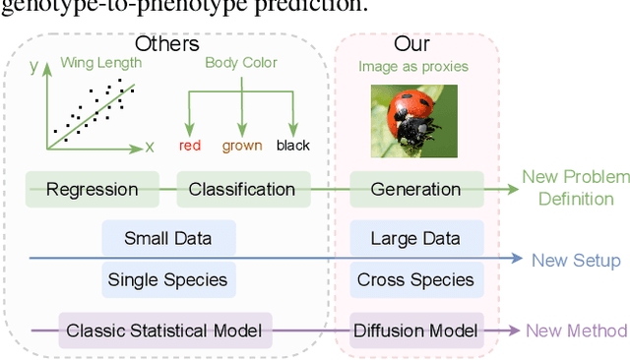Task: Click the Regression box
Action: click(92, 189)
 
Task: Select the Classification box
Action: click(242, 189)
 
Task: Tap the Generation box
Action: click(415, 189)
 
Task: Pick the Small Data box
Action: click(169, 238)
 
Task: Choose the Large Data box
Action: click(415, 238)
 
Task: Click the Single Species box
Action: click(169, 279)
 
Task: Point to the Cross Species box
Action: click(415, 279)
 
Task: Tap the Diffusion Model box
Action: click(415, 330)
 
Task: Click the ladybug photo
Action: click(415, 117)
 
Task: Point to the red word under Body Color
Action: click(190, 146)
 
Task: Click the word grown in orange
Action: click(242, 146)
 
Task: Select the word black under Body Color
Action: click(292, 146)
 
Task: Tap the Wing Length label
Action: click(100, 63)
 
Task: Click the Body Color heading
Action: click(241, 63)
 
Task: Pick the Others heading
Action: click(166, 44)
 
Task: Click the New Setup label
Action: click(576, 261)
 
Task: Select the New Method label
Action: click(577, 330)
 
